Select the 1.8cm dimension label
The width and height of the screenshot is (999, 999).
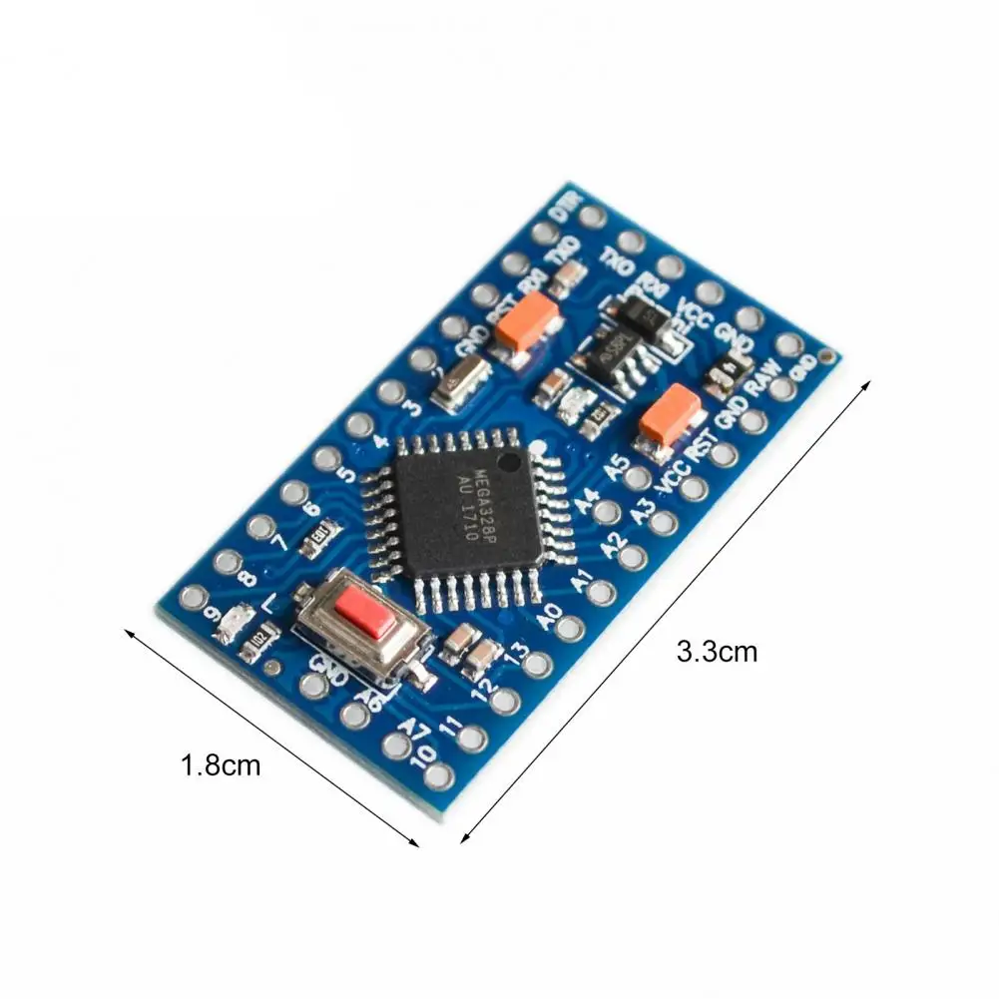[x=221, y=766]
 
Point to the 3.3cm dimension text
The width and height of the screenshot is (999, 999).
[x=717, y=653]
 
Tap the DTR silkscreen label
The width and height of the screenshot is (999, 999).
[x=566, y=208]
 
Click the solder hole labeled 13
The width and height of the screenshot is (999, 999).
[x=537, y=664]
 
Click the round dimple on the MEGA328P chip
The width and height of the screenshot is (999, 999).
[x=509, y=463]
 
